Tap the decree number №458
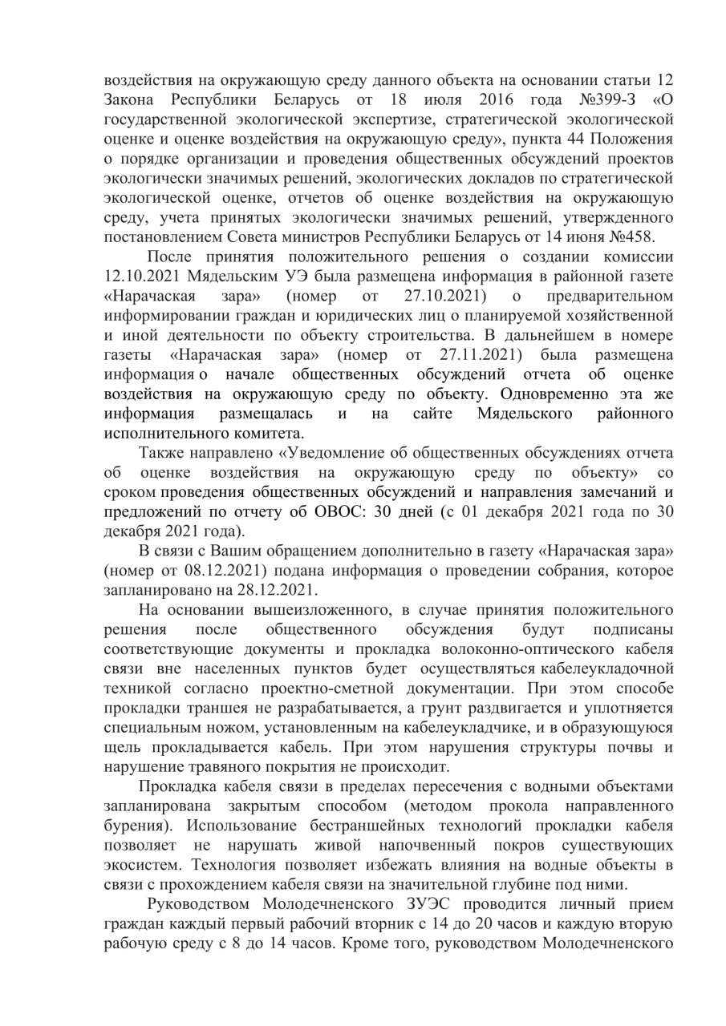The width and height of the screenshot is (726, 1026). pyautogui.click(x=633, y=236)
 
